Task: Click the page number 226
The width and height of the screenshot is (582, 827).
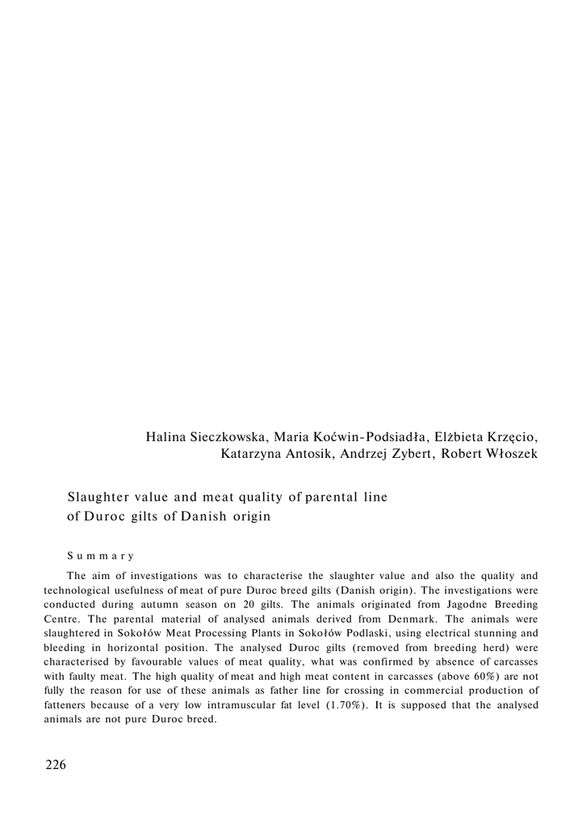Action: [x=56, y=765]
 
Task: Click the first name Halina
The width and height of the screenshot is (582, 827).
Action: [x=166, y=437]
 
